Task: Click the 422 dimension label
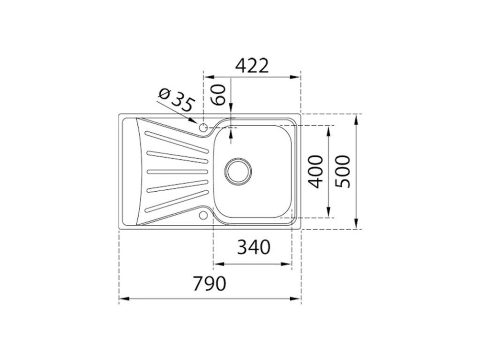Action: pyautogui.click(x=253, y=66)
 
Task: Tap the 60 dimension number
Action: pyautogui.click(x=219, y=95)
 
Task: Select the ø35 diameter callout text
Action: pyautogui.click(x=177, y=100)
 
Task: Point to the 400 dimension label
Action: pyautogui.click(x=315, y=172)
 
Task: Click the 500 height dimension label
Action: pyautogui.click(x=342, y=172)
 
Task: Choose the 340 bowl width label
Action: pyautogui.click(x=254, y=247)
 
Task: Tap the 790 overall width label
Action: pyautogui.click(x=210, y=284)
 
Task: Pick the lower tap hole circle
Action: pyautogui.click(x=202, y=216)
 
